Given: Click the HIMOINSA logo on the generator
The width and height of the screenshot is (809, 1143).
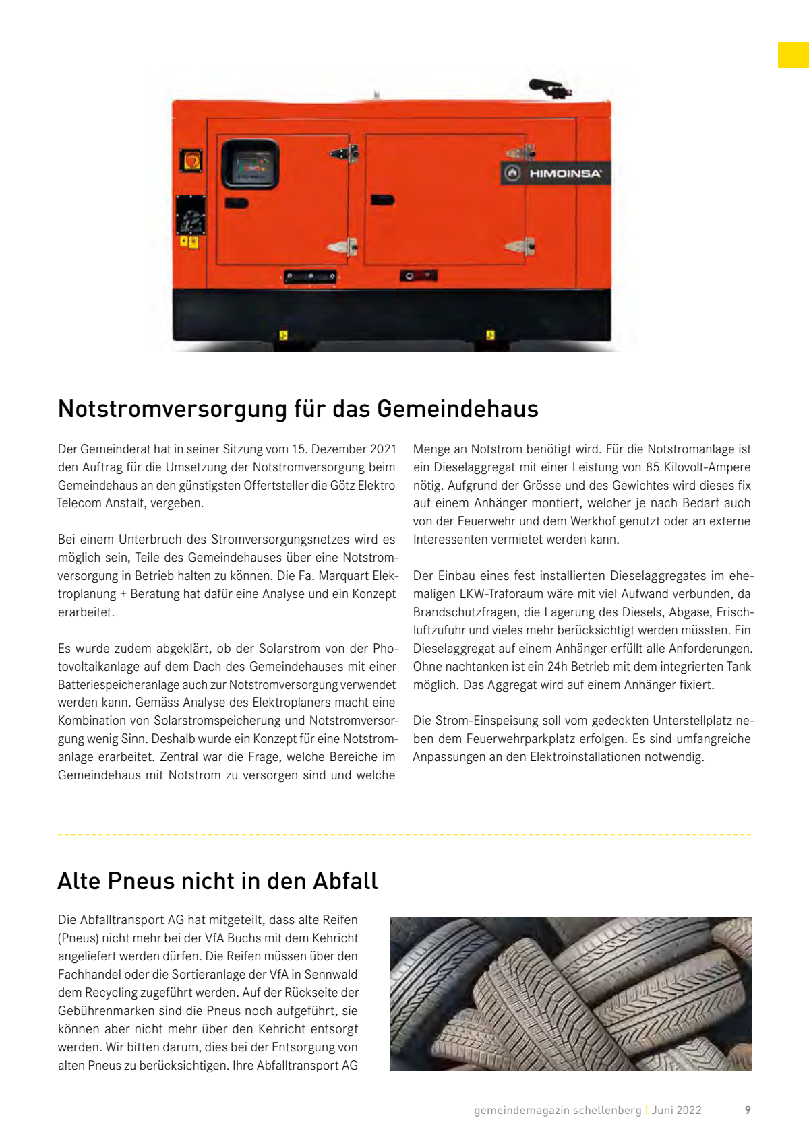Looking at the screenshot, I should [x=556, y=173].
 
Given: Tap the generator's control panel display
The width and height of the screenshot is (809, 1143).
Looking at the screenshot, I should [x=250, y=164].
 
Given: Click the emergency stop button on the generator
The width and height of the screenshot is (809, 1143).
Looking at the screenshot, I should [x=191, y=161].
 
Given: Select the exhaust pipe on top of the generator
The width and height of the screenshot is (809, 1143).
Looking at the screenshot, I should [x=550, y=88].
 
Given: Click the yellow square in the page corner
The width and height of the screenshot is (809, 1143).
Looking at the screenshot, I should [x=793, y=55].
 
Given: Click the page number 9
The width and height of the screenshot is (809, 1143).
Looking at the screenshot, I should [x=748, y=1110].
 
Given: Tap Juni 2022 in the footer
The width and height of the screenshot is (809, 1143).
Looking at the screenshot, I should [x=676, y=1110].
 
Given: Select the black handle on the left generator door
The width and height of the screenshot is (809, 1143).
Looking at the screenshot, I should [x=236, y=203].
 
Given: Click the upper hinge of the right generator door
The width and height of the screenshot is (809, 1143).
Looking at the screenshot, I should [x=520, y=154].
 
